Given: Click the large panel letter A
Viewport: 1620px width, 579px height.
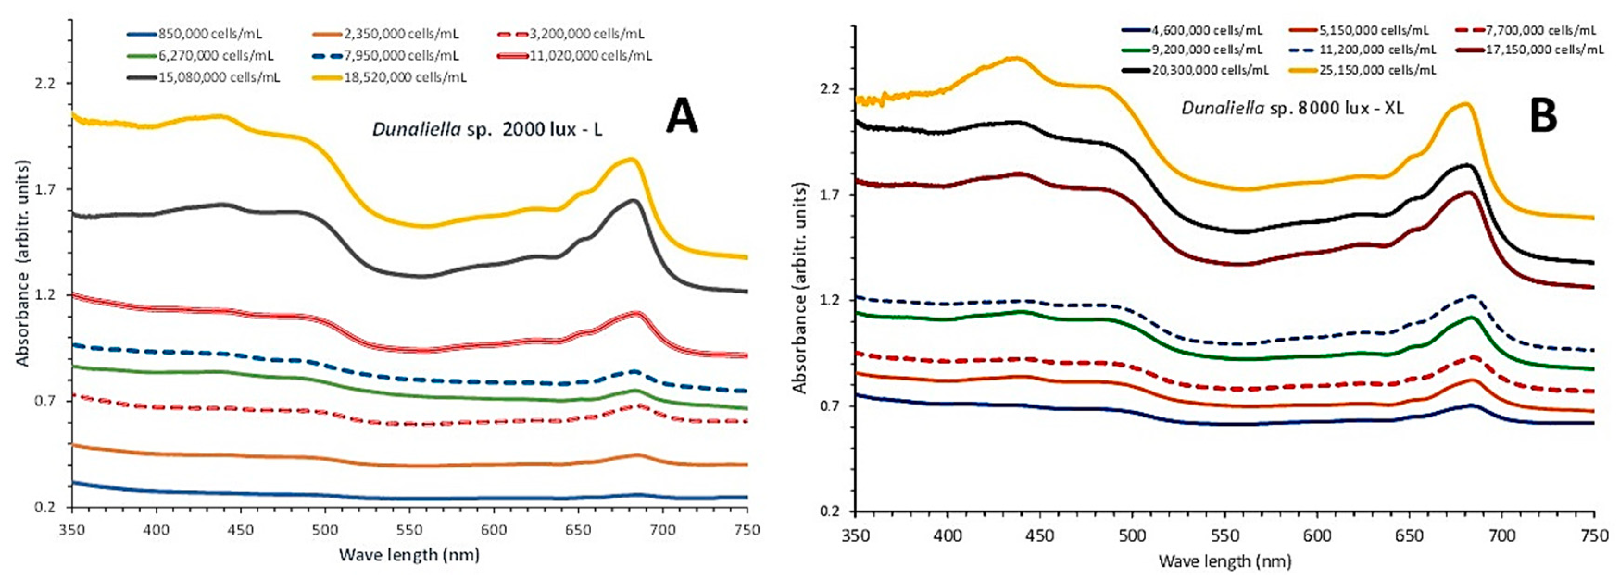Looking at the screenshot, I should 682,118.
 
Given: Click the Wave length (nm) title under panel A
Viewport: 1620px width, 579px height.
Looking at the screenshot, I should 409,555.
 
